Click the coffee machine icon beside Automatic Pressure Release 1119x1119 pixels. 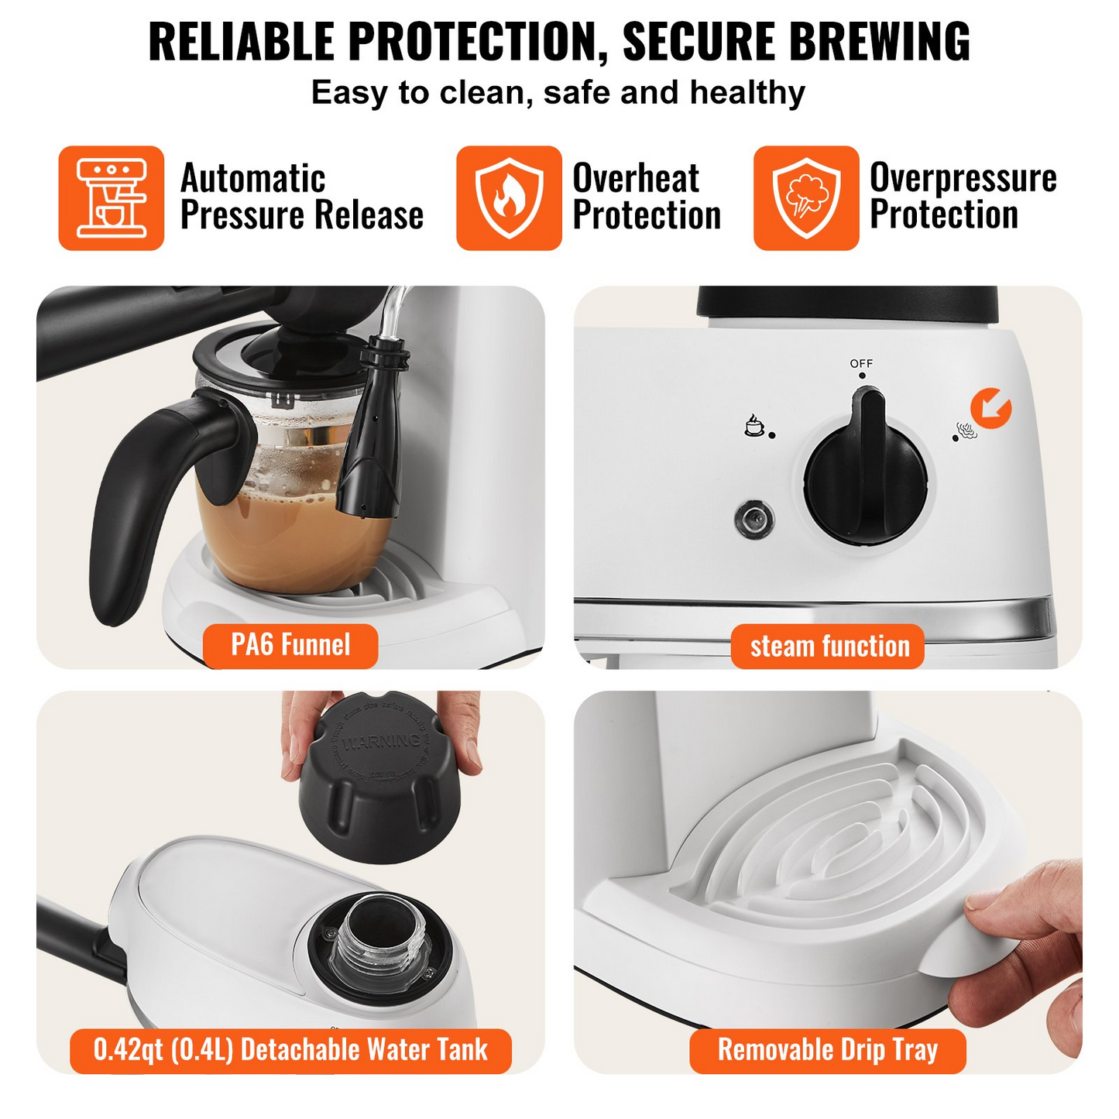click(x=112, y=198)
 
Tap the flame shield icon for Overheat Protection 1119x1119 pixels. click(x=509, y=198)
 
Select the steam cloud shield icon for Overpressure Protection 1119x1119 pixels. click(x=806, y=198)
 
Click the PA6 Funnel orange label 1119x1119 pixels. click(x=290, y=645)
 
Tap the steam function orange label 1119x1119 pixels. click(x=829, y=647)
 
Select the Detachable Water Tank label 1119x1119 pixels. click(x=290, y=1050)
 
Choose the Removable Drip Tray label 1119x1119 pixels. click(x=827, y=1050)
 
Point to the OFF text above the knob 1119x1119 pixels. click(x=861, y=363)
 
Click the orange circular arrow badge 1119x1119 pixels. click(x=990, y=407)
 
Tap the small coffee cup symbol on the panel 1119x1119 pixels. click(x=753, y=425)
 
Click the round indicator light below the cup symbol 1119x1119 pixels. click(x=753, y=519)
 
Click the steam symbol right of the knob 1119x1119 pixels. click(x=966, y=431)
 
